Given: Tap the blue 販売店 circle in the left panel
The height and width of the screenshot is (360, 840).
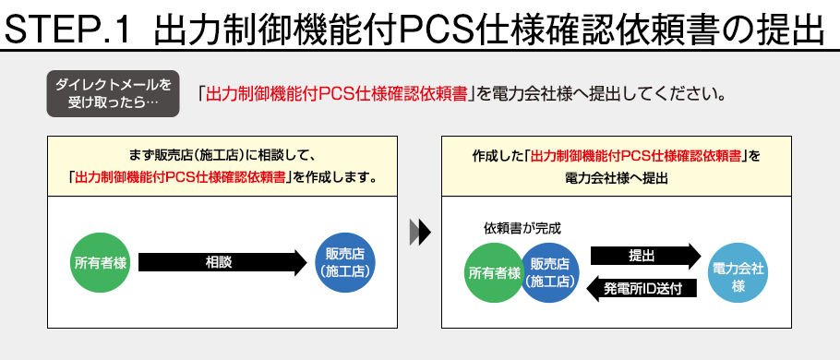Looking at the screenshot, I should click(x=344, y=262).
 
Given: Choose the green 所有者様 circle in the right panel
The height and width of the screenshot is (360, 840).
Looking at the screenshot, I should click(x=494, y=273).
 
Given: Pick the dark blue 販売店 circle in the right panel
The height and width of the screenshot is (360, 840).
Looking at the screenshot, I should click(x=549, y=273).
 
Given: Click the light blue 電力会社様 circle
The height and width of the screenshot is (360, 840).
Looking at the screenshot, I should click(x=738, y=272).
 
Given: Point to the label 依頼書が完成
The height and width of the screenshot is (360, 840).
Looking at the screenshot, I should click(x=521, y=227).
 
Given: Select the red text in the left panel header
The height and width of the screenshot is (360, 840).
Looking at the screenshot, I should click(x=180, y=177).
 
